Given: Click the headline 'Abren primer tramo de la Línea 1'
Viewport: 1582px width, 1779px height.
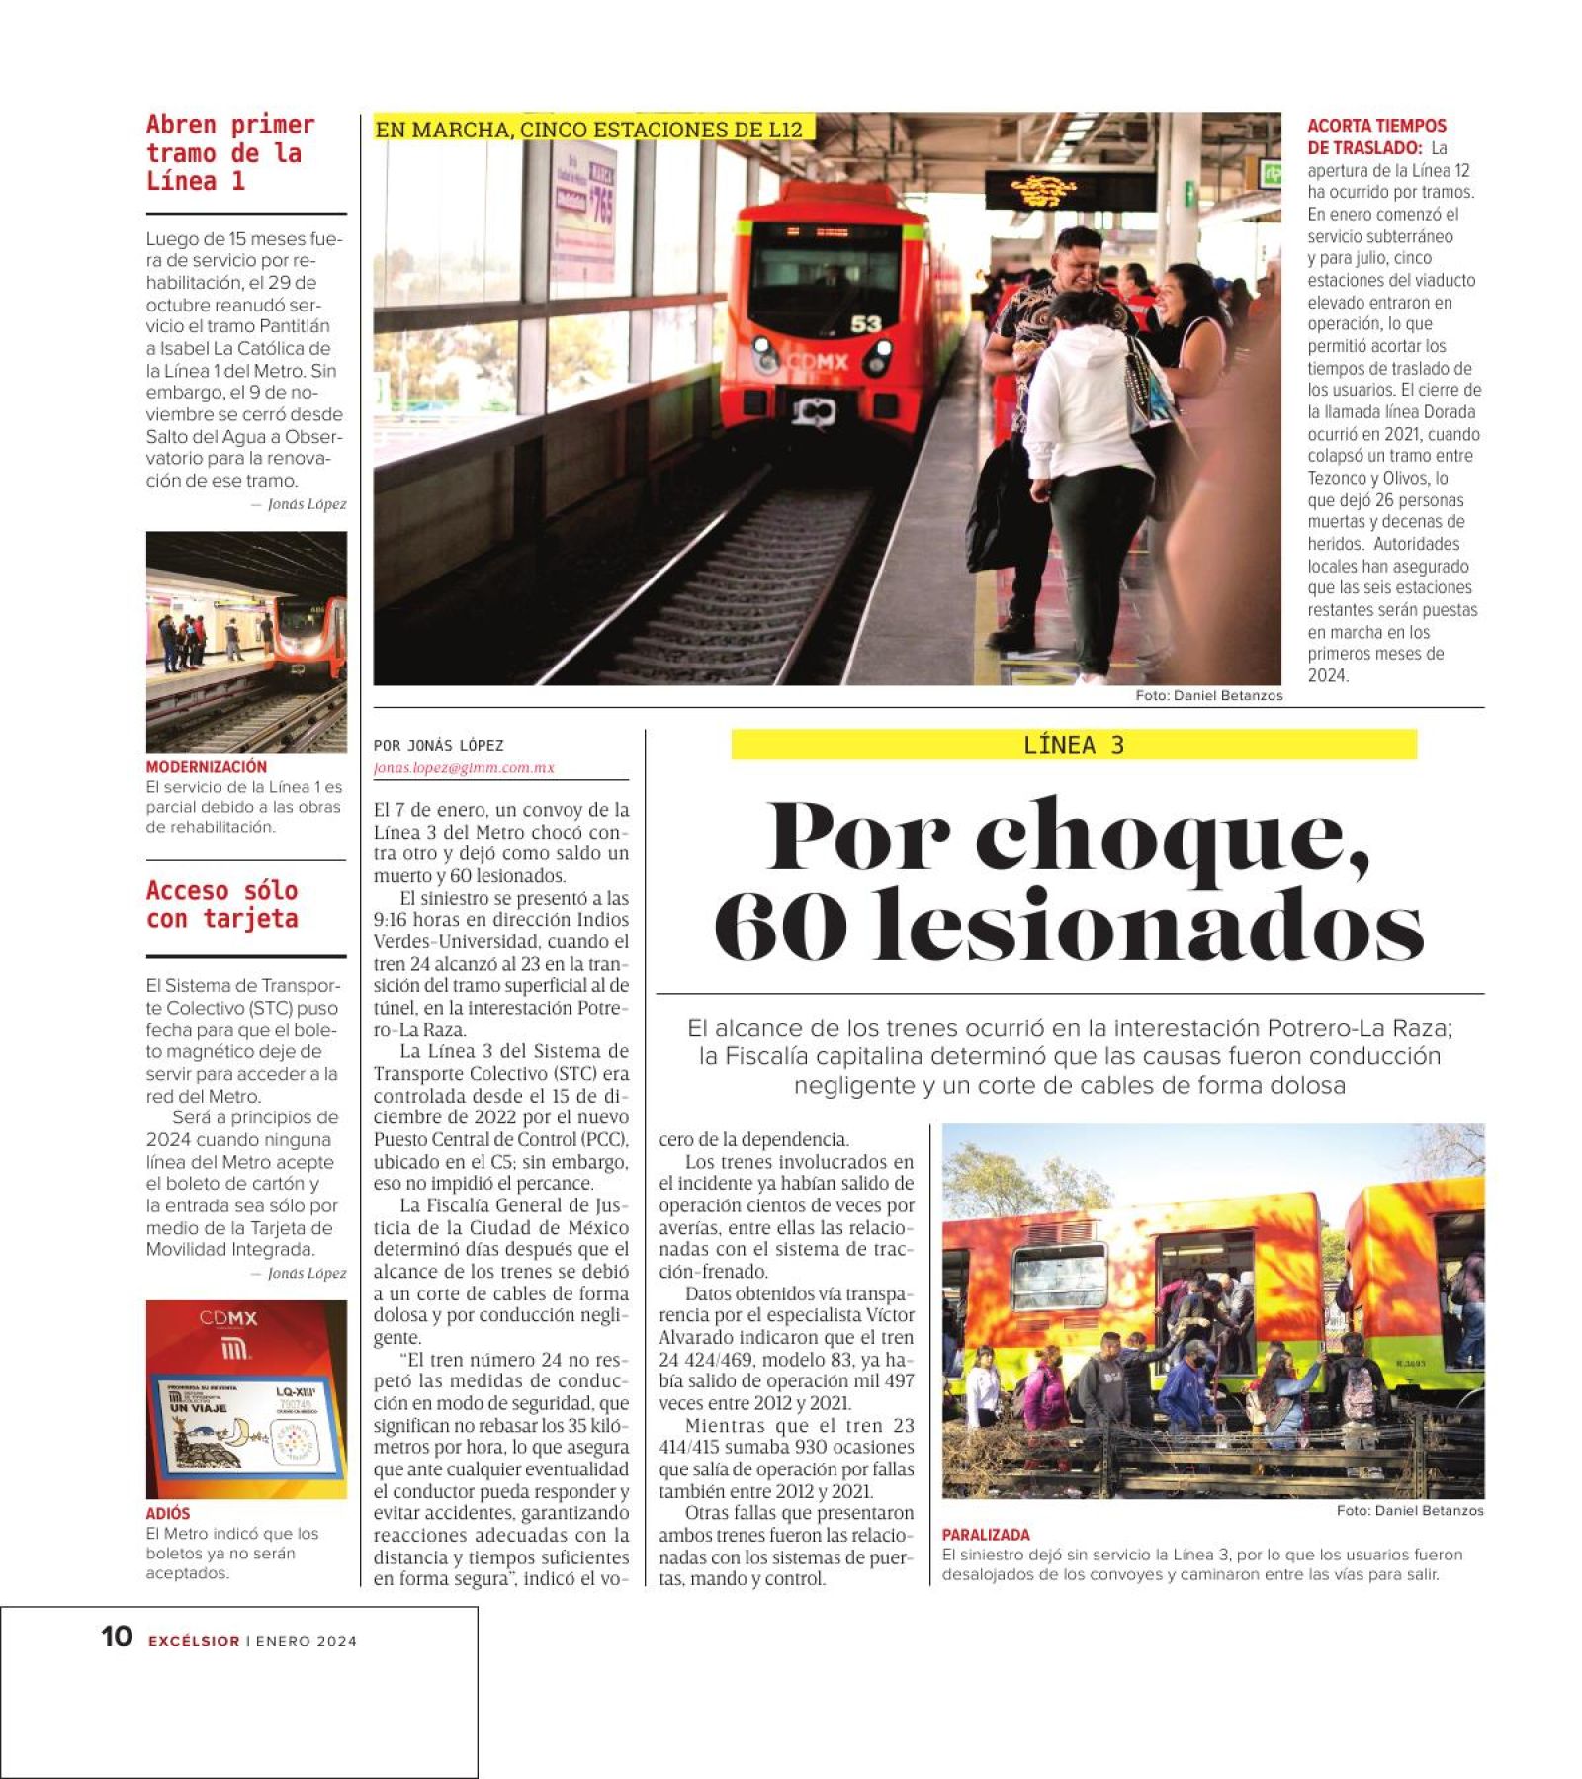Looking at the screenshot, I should pyautogui.click(x=229, y=153).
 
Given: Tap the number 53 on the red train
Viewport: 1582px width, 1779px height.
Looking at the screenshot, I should pyautogui.click(x=865, y=324).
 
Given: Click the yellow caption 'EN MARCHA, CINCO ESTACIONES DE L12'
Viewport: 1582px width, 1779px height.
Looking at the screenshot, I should pyautogui.click(x=589, y=130).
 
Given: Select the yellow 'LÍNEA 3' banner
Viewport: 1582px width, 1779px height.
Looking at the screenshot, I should pyautogui.click(x=1073, y=745).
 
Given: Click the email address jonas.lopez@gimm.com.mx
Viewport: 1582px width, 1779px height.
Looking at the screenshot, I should pyautogui.click(x=464, y=768).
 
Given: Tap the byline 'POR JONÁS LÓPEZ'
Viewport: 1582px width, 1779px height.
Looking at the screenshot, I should pyautogui.click(x=438, y=746).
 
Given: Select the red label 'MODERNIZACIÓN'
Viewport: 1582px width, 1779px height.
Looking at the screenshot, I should pyautogui.click(x=206, y=767).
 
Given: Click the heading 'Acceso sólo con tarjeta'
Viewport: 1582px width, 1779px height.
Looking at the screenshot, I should pyautogui.click(x=221, y=905).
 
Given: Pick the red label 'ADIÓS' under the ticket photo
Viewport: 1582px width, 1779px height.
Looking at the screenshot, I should pyautogui.click(x=168, y=1513).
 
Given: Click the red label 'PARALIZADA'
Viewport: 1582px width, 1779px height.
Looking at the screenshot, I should pyautogui.click(x=985, y=1535).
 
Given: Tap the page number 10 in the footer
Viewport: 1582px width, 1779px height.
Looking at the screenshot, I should pyautogui.click(x=117, y=1637).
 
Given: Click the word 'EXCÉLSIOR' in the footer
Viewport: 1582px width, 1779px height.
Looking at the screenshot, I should pyautogui.click(x=194, y=1641).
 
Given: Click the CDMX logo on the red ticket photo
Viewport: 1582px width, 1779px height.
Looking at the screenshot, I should pyautogui.click(x=228, y=1319).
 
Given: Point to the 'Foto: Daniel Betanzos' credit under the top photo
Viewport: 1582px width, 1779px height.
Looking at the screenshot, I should pyautogui.click(x=1208, y=696).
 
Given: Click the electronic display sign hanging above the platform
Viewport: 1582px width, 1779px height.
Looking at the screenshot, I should pyautogui.click(x=1069, y=189).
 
